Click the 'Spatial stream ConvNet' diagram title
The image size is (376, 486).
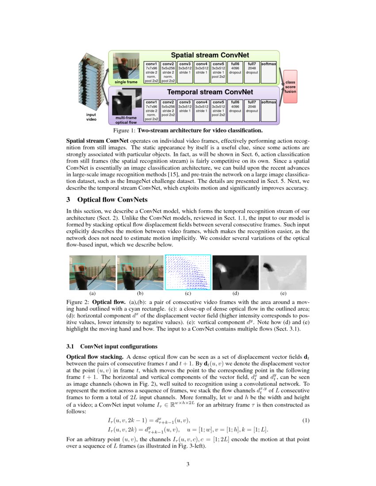pos(210,55)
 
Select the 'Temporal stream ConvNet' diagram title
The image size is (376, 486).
pos(210,92)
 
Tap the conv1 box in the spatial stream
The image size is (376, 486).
pos(152,72)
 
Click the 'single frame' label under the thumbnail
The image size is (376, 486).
pos(126,82)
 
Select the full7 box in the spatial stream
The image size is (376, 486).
pos(252,72)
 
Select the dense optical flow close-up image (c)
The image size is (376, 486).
pos(188,272)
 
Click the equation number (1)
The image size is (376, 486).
pos(306,420)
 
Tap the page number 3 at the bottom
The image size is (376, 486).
pos(188,464)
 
